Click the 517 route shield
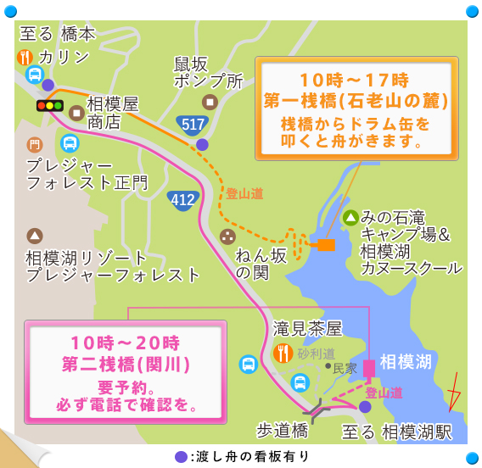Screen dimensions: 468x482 click(193, 124)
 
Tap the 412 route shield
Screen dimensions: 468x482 click(180, 199)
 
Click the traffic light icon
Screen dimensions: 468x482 click(49, 106)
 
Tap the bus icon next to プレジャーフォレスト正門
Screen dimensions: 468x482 click(70, 142)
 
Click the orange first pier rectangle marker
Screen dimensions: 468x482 click(326, 244)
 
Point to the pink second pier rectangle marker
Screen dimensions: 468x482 click(369, 368)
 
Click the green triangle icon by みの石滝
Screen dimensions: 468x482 click(350, 217)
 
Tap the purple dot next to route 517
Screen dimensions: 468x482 click(202, 144)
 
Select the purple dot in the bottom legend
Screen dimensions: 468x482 click(180, 456)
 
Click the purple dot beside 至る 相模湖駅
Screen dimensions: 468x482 click(364, 407)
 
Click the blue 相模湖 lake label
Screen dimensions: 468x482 click(406, 362)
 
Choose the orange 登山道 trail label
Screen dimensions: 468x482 click(244, 193)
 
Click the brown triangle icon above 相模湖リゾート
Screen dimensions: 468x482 click(35, 235)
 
